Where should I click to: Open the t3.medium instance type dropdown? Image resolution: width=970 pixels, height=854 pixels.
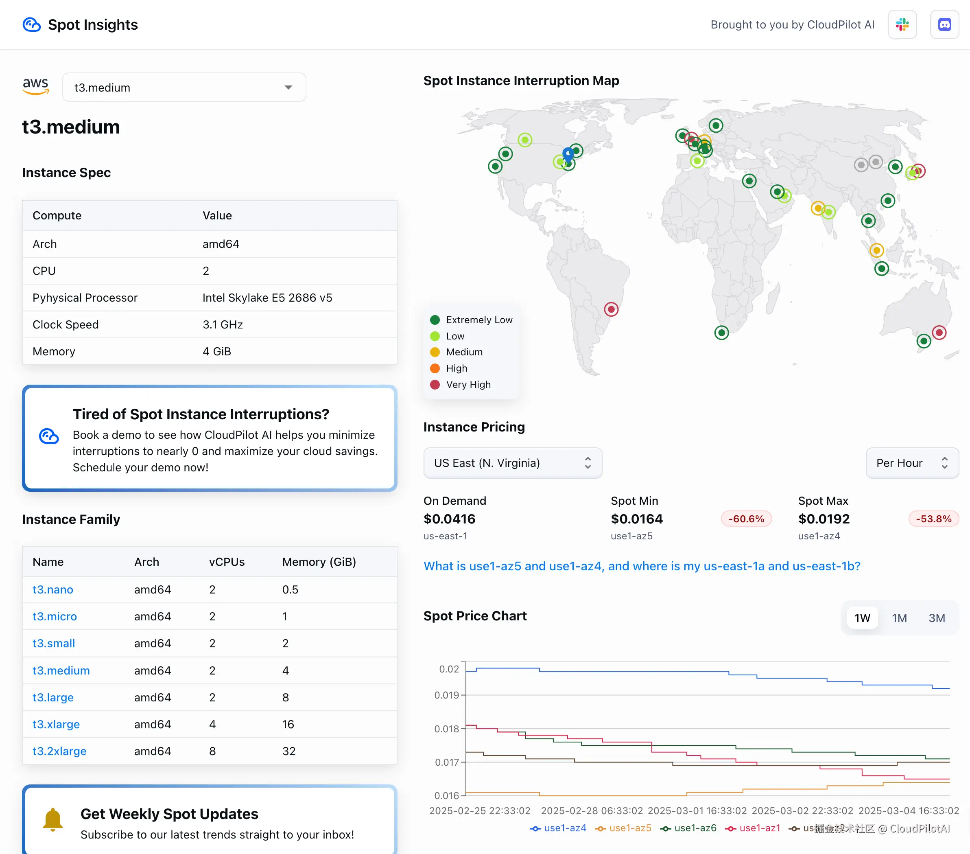coord(184,88)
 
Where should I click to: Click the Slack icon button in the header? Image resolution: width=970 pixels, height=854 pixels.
coord(902,25)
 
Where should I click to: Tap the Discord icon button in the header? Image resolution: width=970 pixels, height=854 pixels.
coord(944,25)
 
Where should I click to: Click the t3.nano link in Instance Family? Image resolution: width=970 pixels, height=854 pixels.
coord(52,589)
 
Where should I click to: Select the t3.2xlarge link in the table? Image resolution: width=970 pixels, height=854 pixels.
coord(59,751)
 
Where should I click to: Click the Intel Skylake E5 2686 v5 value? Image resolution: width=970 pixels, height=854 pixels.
coord(267,298)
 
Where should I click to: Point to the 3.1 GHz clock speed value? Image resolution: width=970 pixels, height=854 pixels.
coord(223,325)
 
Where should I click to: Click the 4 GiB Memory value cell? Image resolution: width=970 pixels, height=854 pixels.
coord(217,351)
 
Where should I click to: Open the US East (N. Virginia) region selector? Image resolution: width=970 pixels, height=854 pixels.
coord(513,463)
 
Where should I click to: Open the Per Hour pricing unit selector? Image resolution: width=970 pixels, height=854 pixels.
coord(912,463)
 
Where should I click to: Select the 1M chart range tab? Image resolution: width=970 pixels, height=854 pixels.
coord(899,618)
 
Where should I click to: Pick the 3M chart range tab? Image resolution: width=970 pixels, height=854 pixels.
coord(936,618)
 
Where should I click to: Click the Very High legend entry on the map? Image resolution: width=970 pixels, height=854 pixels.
coord(468,385)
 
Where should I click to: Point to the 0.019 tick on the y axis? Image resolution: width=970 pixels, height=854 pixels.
coord(447,695)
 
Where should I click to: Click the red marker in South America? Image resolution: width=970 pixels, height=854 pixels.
coord(611,309)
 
